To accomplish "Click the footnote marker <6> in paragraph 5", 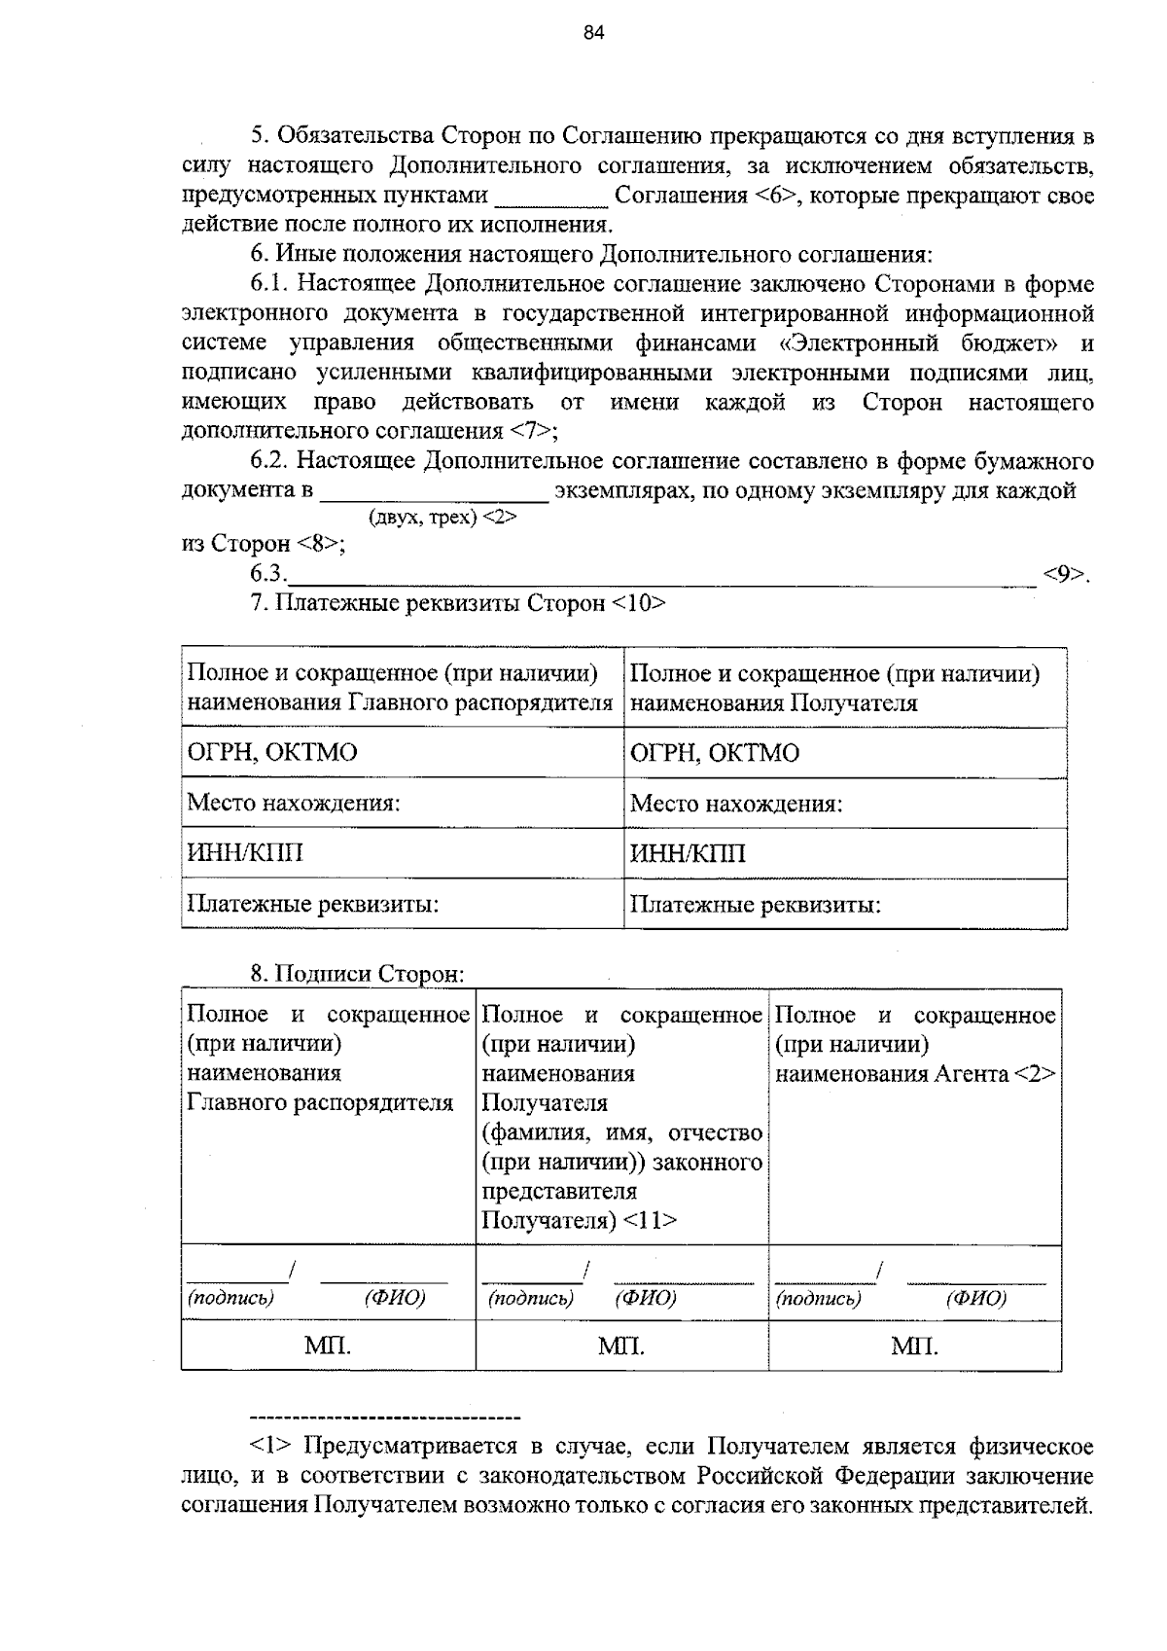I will (x=775, y=197).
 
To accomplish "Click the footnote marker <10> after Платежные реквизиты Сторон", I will (x=639, y=603).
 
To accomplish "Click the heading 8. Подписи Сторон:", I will (x=358, y=974).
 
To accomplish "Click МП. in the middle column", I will (x=621, y=1346).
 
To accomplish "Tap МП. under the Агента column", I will (x=914, y=1346).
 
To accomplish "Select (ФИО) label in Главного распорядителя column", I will (x=395, y=1298).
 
